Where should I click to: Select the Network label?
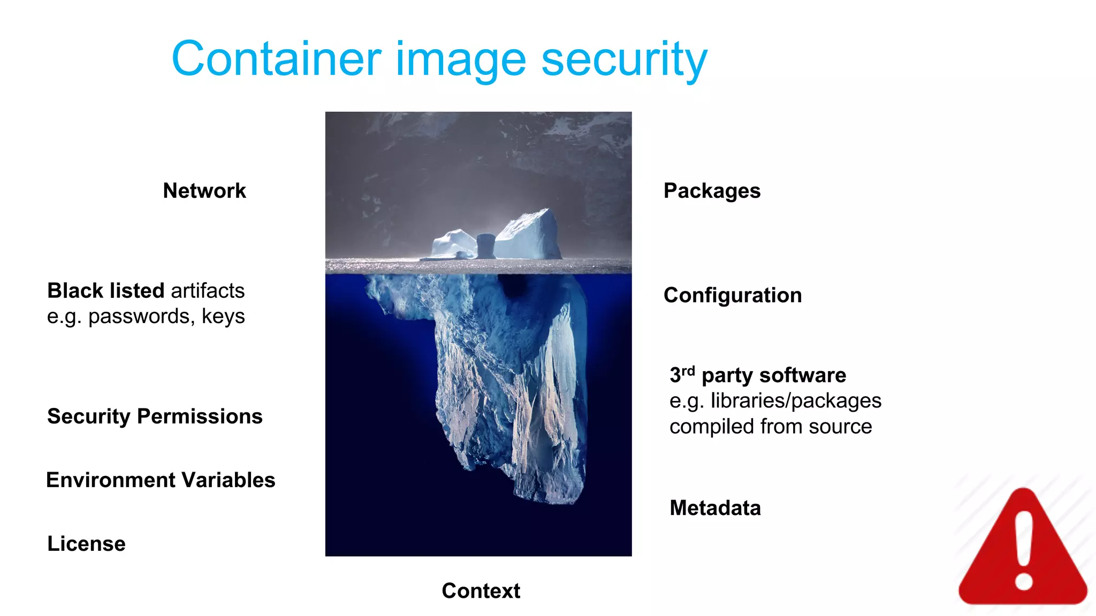204,191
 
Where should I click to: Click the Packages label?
712,191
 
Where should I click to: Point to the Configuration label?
733,295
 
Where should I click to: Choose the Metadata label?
715,508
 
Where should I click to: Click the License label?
86,544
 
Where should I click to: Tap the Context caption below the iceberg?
481,591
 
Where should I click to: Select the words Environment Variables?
161,480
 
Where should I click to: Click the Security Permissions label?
155,417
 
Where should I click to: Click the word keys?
223,317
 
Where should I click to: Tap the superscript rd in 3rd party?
688,371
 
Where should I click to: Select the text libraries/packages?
796,401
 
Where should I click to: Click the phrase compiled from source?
771,427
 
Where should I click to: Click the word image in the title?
461,60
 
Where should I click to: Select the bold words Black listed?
105,291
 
